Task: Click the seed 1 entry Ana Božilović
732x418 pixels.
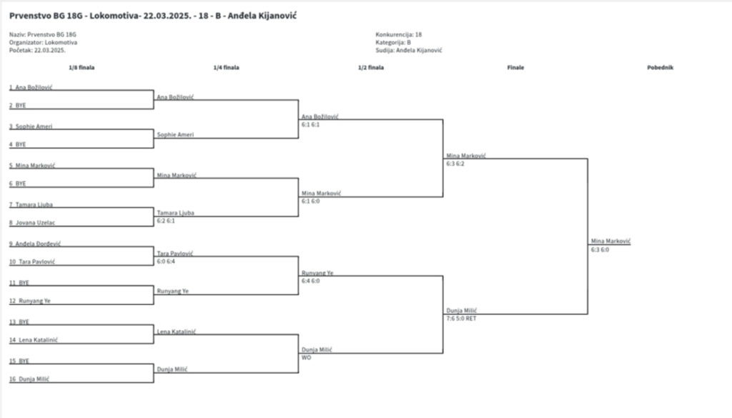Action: pos(34,87)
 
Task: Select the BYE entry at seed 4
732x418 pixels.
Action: pos(21,144)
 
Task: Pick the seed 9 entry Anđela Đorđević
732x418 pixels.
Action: pos(34,244)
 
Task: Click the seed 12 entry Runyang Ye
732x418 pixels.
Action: pos(32,301)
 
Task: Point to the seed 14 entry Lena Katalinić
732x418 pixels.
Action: pos(34,339)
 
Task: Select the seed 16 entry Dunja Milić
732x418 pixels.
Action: pos(32,379)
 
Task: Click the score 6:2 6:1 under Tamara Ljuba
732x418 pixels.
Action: pos(165,221)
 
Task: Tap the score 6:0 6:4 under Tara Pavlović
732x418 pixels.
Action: pos(166,261)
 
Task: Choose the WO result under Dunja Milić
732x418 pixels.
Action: pos(306,357)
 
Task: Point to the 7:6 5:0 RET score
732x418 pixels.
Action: pos(461,318)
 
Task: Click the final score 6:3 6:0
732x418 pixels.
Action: pos(600,250)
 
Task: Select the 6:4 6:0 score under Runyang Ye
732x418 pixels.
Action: pos(311,281)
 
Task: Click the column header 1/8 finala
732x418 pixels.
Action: pos(81,68)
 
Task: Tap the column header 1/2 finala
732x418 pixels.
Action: pos(371,68)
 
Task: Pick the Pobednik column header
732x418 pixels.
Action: pos(661,68)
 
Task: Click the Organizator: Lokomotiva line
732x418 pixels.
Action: pos(43,42)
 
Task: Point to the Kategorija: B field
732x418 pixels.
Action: pos(392,42)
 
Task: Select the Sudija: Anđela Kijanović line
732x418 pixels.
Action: pos(408,50)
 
